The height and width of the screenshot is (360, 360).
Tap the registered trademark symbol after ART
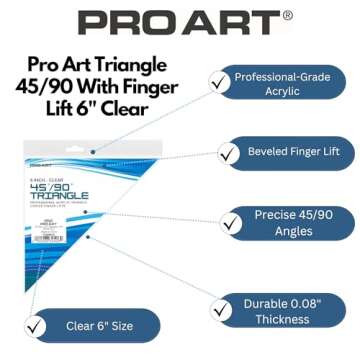[x=288, y=15]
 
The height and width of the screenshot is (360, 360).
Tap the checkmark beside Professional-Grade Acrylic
[x=218, y=84]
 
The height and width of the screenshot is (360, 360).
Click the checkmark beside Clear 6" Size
[x=38, y=326]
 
